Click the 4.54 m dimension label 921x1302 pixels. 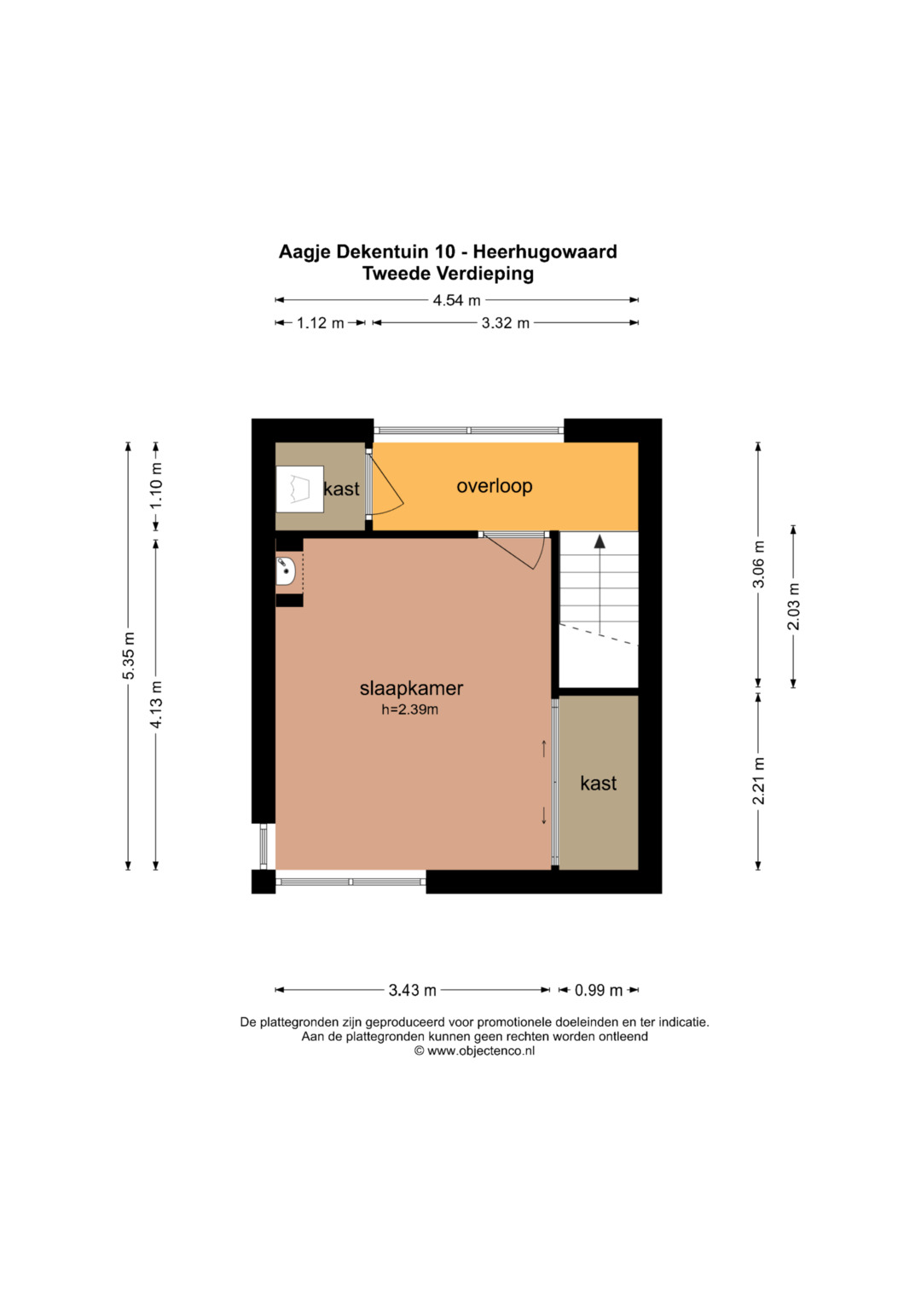[456, 300]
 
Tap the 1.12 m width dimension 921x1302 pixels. [321, 322]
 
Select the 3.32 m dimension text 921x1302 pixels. [505, 322]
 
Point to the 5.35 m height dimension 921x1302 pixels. [129, 655]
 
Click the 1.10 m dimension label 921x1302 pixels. [156, 485]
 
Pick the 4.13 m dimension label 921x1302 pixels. [156, 704]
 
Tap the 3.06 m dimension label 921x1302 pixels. [759, 564]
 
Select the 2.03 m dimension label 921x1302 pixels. [794, 606]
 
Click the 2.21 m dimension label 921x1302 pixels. [759, 781]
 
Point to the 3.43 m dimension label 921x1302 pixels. [412, 990]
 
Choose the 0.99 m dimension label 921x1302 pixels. [599, 990]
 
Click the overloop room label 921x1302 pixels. [495, 486]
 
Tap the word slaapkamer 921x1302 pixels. [411, 688]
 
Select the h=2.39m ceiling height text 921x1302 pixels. [410, 709]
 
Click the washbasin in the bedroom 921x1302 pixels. [285, 571]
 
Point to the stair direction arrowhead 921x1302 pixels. [600, 541]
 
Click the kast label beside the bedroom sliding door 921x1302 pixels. [599, 783]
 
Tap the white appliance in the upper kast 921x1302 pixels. [299, 489]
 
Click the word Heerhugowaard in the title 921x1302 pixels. [545, 252]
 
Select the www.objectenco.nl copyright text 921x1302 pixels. [474, 1051]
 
